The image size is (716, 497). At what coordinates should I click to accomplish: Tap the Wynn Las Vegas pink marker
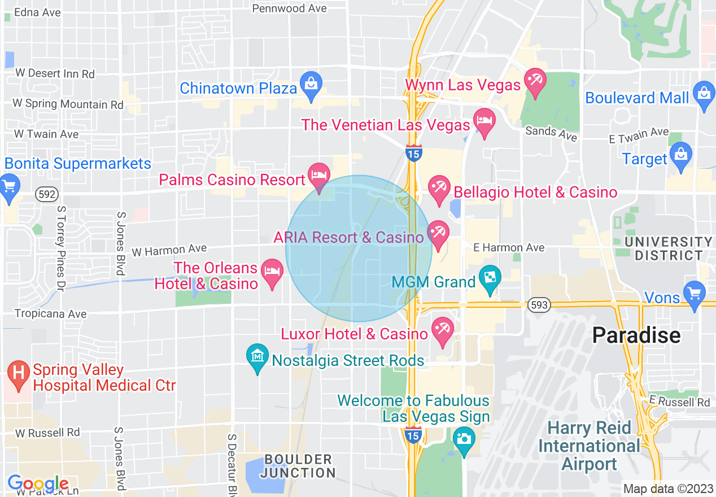534,80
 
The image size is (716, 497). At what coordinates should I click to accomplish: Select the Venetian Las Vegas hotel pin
484,121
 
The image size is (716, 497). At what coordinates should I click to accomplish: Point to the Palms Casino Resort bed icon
319,175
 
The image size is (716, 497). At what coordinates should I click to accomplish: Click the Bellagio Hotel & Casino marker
439,188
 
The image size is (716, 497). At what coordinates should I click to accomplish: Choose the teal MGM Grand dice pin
489,277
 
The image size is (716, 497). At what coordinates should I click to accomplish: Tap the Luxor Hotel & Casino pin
442,329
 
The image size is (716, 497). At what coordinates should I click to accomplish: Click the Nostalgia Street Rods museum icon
257,356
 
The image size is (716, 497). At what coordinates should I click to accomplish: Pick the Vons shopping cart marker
694,293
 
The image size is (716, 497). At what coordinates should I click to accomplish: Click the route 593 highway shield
540,305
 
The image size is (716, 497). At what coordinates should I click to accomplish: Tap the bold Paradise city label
636,335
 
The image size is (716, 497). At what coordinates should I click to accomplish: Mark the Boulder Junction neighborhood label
299,466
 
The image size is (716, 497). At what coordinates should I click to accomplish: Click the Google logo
38,484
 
